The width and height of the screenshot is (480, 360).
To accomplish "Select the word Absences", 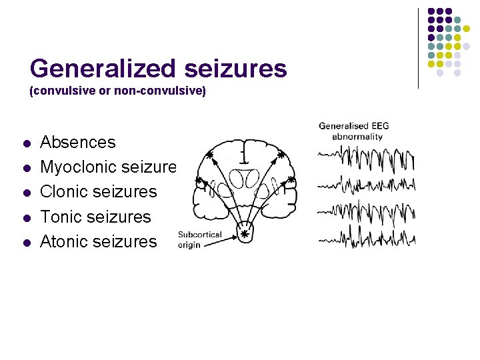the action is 78,142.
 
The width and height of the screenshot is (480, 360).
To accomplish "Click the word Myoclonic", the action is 79,167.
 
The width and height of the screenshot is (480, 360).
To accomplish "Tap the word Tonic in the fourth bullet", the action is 63,217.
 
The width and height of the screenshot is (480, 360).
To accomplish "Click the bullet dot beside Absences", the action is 26,143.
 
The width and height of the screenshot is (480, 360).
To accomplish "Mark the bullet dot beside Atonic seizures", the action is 26,242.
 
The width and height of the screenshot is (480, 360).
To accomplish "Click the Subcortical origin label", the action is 199,239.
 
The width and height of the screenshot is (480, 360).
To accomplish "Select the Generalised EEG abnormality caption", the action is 353,131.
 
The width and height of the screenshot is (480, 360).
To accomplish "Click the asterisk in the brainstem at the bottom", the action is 244,234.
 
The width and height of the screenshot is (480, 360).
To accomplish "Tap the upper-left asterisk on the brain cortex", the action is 210,155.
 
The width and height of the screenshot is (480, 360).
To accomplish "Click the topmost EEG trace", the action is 367,159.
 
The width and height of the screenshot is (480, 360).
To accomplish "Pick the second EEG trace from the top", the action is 367,184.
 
